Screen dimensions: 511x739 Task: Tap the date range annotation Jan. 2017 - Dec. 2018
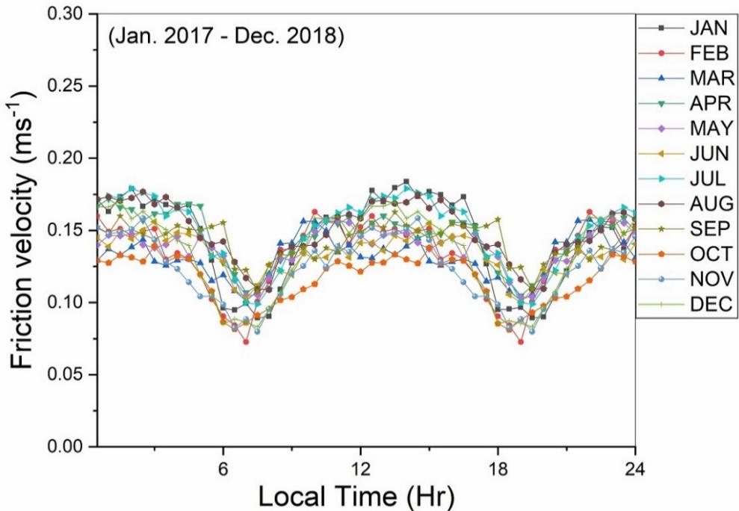coord(226,37)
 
